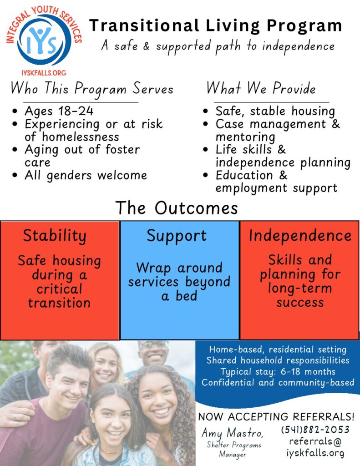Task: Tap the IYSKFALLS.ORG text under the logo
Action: click(x=44, y=73)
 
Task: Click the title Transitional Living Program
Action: click(x=216, y=26)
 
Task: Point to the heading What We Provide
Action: click(x=261, y=89)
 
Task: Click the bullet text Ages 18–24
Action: click(x=59, y=111)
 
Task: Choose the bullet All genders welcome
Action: click(x=86, y=176)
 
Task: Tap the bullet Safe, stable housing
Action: click(x=275, y=111)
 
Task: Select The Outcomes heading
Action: click(x=177, y=208)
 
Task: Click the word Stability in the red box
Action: click(x=55, y=236)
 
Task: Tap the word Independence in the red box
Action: click(x=300, y=236)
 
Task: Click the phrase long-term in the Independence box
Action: click(x=299, y=288)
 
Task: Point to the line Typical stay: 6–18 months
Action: click(x=278, y=371)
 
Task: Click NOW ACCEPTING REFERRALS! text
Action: click(x=276, y=417)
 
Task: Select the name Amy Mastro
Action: click(x=233, y=433)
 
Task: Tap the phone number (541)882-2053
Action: click(x=315, y=430)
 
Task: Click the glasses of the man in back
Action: click(x=154, y=345)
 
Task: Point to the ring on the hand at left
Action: click(x=15, y=417)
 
